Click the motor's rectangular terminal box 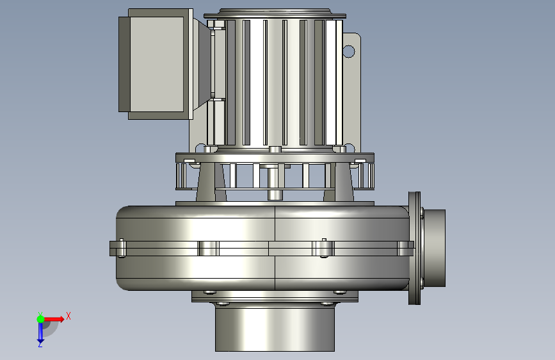point(156,64)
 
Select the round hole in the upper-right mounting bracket point(349,51)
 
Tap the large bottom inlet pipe point(275,329)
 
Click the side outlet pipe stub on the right point(434,248)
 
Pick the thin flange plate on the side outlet point(414,248)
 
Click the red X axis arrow point(54,319)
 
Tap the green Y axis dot point(40,319)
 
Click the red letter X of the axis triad point(68,316)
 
